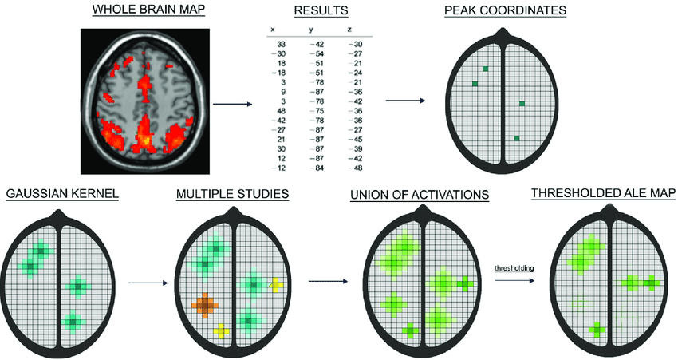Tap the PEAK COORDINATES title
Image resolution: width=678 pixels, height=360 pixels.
[505, 10]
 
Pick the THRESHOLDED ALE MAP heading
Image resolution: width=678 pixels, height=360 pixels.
[604, 194]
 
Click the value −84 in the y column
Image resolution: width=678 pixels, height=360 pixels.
[316, 168]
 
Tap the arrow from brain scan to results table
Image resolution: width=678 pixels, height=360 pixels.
[231, 103]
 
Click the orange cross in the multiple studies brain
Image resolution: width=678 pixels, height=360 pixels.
[205, 305]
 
